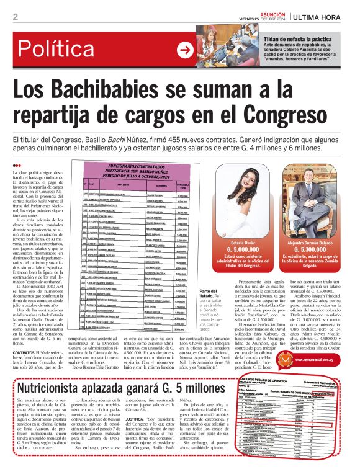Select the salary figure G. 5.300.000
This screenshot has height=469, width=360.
tap(304, 247)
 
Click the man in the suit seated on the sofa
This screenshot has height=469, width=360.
tap(304, 199)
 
